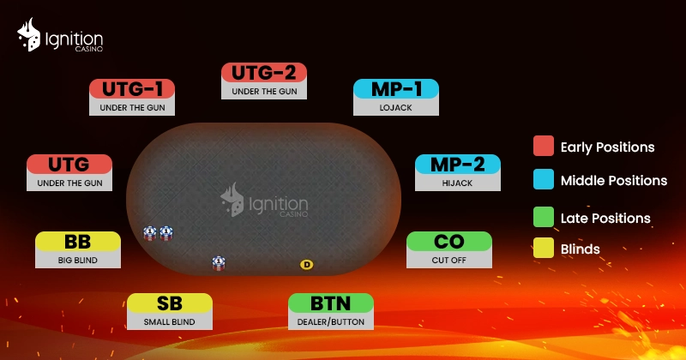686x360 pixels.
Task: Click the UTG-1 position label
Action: pos(133,88)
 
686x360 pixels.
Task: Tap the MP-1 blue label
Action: pos(396,89)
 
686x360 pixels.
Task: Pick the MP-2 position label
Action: pos(457,164)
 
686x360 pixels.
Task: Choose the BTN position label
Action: pos(331,303)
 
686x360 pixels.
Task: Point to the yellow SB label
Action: pos(170,303)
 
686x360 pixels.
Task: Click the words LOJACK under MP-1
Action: pos(396,108)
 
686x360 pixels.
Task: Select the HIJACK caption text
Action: pos(457,183)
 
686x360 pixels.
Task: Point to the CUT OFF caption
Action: pos(448,260)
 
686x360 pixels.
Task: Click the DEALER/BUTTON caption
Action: pos(331,322)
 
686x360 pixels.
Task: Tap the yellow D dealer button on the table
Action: pos(307,264)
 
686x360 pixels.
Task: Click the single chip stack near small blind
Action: pos(219,263)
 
